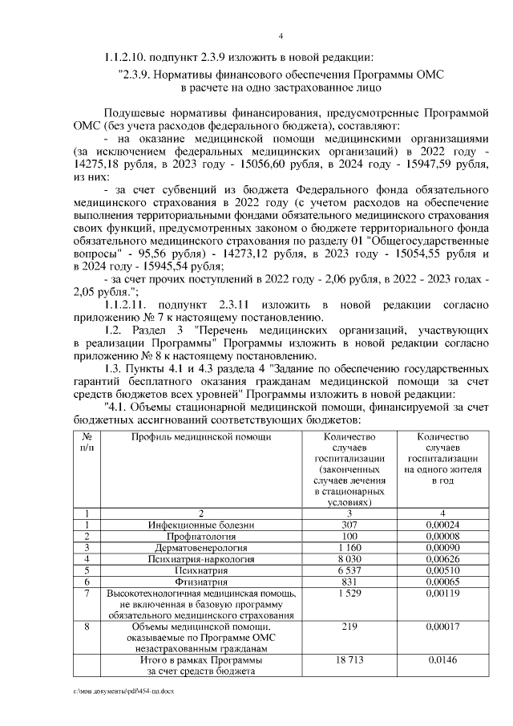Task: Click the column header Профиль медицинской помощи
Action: [x=201, y=437]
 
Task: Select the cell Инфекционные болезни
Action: [x=201, y=524]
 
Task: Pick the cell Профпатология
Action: [x=201, y=535]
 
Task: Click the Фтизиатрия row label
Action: [x=201, y=581]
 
